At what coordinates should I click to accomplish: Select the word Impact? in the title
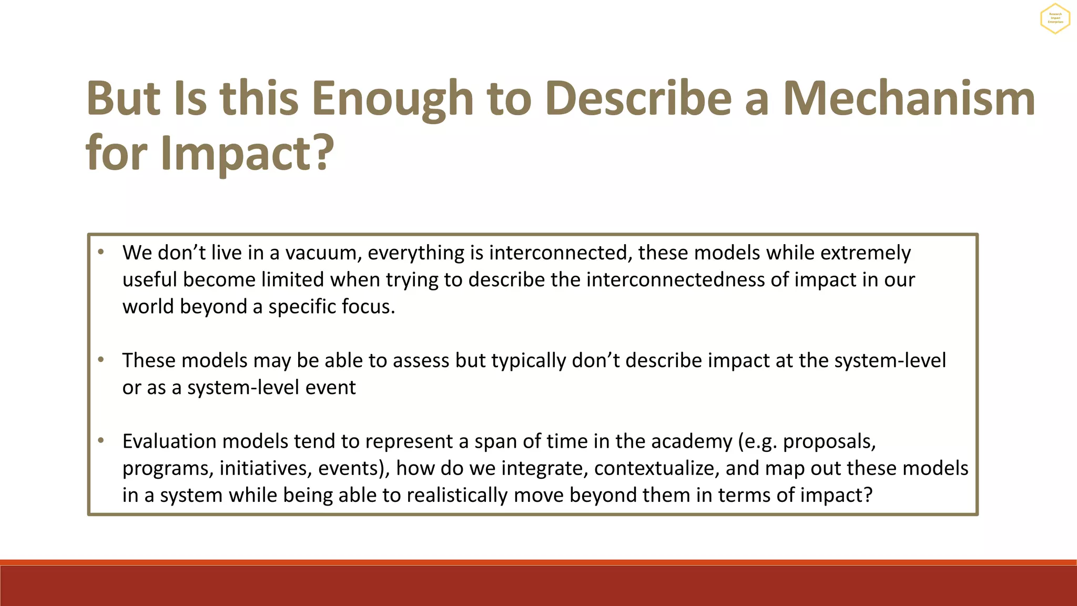(x=247, y=153)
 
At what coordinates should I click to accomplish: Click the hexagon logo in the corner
(x=1055, y=18)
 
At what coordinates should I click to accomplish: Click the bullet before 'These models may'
(x=101, y=359)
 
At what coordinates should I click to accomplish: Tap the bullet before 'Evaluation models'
(x=101, y=440)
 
